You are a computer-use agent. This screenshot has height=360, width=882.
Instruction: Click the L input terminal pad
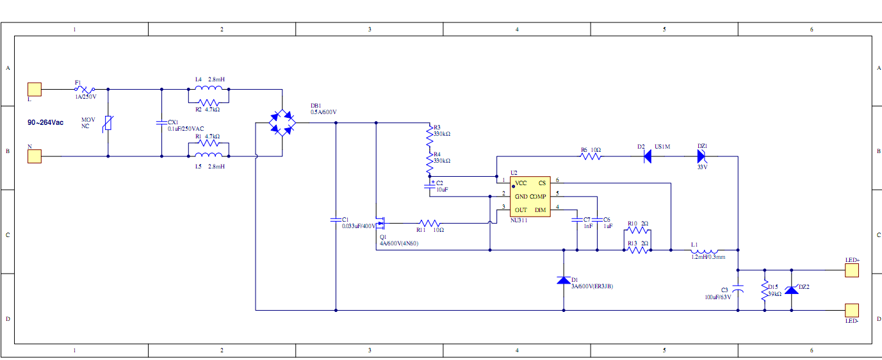pyautogui.click(x=34, y=89)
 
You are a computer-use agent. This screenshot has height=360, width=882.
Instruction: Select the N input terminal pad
pyautogui.click(x=34, y=156)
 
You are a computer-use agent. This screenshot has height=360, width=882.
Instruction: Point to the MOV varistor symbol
pyautogui.click(x=108, y=122)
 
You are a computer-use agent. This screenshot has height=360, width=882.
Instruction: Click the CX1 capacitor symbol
pyautogui.click(x=161, y=122)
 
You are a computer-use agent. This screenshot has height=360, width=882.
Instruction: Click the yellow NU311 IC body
pyautogui.click(x=530, y=197)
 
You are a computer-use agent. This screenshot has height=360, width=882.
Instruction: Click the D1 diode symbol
pyautogui.click(x=564, y=280)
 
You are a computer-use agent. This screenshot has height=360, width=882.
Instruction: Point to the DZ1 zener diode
pyautogui.click(x=703, y=156)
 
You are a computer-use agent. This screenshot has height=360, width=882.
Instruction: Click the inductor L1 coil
pyautogui.click(x=705, y=250)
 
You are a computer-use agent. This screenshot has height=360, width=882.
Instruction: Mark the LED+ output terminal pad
pyautogui.click(x=852, y=270)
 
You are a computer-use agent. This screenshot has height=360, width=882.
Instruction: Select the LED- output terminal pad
pyautogui.click(x=852, y=311)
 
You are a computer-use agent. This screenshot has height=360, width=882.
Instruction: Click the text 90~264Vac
pyautogui.click(x=45, y=122)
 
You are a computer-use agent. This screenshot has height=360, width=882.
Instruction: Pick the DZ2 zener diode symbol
pyautogui.click(x=792, y=290)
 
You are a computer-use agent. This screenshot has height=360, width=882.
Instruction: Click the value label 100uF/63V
pyautogui.click(x=717, y=297)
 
